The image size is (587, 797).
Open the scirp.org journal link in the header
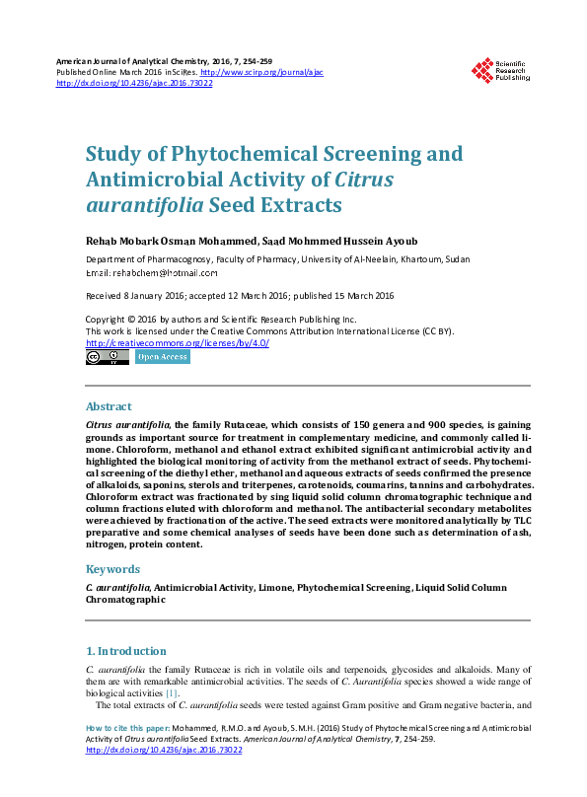[261, 73]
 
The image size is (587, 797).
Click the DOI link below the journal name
[134, 84]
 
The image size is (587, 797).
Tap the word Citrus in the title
[363, 180]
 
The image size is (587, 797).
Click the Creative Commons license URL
[178, 343]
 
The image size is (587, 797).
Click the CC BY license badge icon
[107, 357]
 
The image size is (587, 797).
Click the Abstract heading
[109, 406]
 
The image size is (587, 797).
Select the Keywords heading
[113, 569]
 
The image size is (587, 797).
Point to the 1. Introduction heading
[125, 651]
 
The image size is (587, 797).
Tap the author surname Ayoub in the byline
[417, 240]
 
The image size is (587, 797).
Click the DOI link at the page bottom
[165, 750]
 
